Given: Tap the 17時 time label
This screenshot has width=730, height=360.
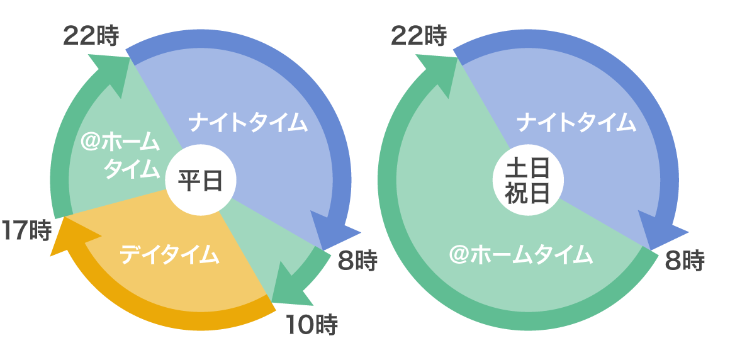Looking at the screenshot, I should pos(26,231).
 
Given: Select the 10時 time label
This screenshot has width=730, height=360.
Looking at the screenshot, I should pos(312,325).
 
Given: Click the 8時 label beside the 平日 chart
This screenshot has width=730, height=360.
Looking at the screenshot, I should pos(357,261).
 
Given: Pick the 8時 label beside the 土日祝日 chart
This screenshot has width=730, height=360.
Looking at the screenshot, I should pos(684,261).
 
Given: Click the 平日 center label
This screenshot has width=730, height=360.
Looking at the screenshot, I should pos(200,181).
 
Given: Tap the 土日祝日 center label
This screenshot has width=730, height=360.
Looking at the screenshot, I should pos(527,181).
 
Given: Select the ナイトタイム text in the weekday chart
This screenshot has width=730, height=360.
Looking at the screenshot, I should pos(248,122).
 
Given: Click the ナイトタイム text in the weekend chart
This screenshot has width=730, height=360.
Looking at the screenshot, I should pos(576,122).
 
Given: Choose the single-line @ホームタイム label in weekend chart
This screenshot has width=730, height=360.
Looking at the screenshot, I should pos(521,256).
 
